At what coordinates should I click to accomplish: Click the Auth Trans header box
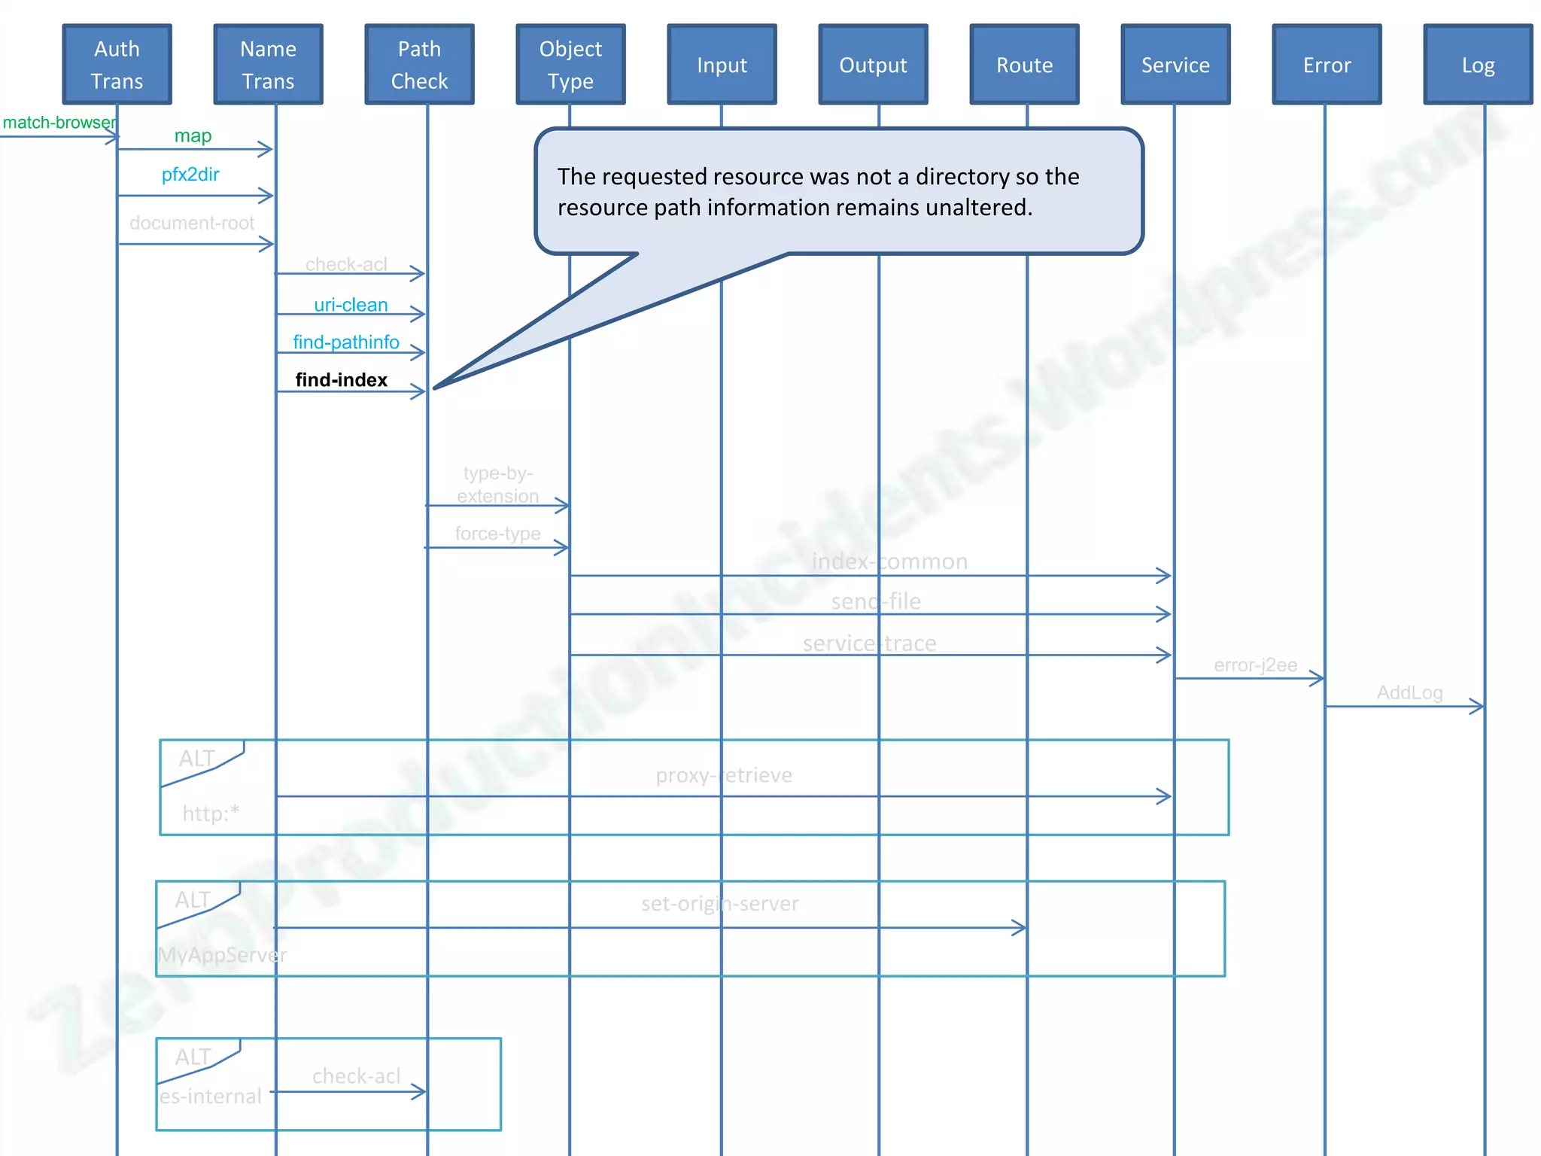tap(117, 65)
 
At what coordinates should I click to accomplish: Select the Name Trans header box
tap(268, 65)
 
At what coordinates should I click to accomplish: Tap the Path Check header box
tap(419, 65)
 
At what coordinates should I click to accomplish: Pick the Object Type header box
tap(570, 65)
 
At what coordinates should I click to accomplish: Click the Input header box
tap(722, 65)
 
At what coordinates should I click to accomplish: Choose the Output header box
tap(873, 65)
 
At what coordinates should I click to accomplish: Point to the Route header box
tap(1024, 65)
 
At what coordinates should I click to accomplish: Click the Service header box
tap(1175, 65)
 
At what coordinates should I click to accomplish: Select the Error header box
tap(1327, 65)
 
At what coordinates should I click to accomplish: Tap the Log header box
tap(1478, 65)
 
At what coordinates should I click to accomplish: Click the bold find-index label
tap(341, 380)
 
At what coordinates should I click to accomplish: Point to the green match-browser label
tap(59, 123)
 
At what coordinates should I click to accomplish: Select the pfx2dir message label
tap(190, 175)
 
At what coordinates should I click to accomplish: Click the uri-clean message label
tap(351, 305)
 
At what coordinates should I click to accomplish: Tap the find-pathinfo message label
tap(346, 342)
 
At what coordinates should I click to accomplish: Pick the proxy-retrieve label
tap(724, 775)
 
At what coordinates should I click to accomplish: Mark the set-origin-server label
tap(720, 903)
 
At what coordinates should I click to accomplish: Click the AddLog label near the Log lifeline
tap(1409, 692)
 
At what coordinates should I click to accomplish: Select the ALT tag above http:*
tap(197, 759)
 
